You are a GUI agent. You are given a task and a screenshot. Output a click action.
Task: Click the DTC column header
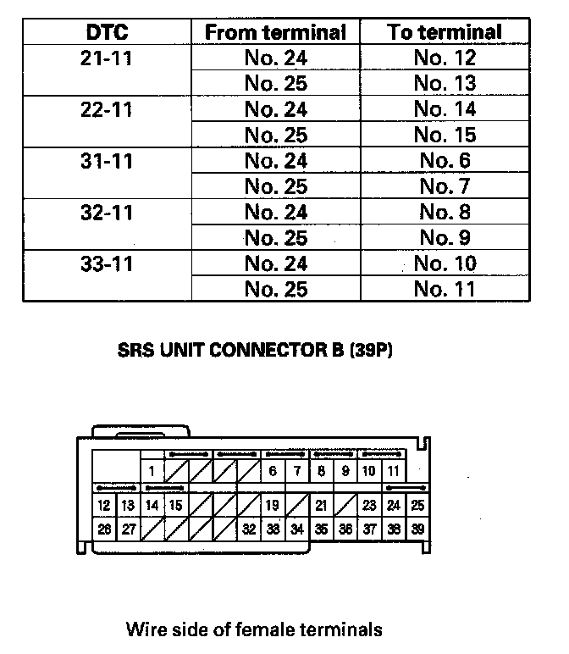point(107,32)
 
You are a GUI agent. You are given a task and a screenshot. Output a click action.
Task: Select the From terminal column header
point(275,32)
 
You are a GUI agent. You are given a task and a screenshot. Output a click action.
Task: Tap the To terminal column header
point(445,32)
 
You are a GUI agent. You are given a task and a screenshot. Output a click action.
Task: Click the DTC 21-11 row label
point(107,58)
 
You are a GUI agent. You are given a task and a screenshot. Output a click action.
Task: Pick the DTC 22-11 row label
point(107,109)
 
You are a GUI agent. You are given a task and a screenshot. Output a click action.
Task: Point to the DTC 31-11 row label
point(107,161)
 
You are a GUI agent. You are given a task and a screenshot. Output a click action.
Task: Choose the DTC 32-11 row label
point(107,213)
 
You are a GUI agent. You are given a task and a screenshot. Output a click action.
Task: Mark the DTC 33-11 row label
point(107,263)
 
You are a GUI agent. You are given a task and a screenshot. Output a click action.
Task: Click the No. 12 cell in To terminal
point(445,58)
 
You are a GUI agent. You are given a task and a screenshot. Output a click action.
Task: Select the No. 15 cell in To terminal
point(445,135)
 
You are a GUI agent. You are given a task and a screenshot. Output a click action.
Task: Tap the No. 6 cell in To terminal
point(445,161)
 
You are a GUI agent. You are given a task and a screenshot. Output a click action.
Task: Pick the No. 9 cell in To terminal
point(445,238)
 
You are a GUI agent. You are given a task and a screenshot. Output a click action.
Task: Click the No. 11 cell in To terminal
point(445,290)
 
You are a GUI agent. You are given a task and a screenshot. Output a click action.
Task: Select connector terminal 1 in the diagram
point(152,471)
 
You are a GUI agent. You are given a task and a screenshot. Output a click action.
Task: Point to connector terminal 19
point(273,506)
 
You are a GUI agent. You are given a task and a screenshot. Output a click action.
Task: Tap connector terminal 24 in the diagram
point(394,506)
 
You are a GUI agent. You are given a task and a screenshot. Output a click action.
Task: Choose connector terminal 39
point(417,529)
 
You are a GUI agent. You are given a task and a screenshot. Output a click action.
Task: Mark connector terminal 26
point(104,529)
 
